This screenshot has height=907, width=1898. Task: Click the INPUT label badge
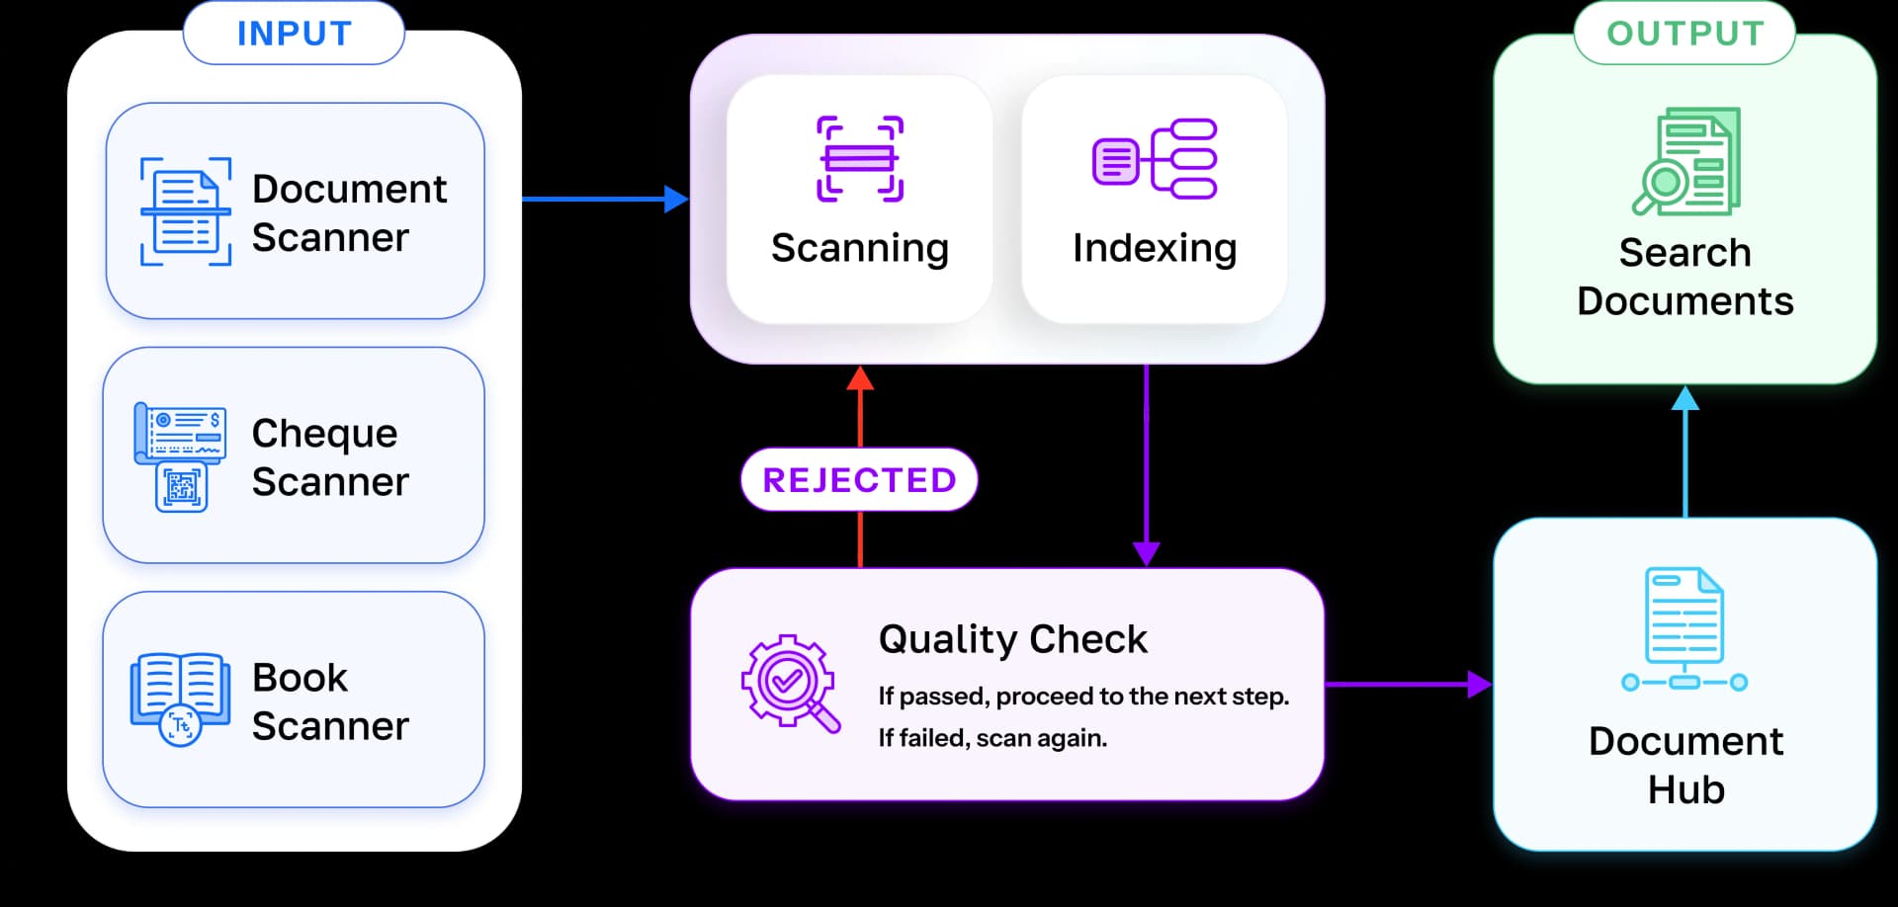pyautogui.click(x=294, y=34)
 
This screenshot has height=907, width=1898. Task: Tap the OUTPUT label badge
pyautogui.click(x=1684, y=34)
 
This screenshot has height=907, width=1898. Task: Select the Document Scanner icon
pyautogui.click(x=185, y=211)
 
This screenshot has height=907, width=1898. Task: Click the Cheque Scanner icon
pyautogui.click(x=180, y=456)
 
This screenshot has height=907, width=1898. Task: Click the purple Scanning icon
pyautogui.click(x=859, y=159)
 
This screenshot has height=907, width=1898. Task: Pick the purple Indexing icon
pyautogui.click(x=1154, y=159)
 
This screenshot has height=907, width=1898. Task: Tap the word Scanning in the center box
pyautogui.click(x=859, y=248)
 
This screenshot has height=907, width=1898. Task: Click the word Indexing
pyautogui.click(x=1154, y=248)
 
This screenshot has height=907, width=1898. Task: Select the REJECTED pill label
pyautogui.click(x=859, y=480)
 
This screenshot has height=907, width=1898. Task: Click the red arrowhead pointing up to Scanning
pyautogui.click(x=860, y=379)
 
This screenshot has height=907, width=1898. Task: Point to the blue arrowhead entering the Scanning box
pyautogui.click(x=676, y=200)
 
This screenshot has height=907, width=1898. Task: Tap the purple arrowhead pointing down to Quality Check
pyautogui.click(x=1146, y=553)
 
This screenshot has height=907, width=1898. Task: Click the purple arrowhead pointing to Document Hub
pyautogui.click(x=1479, y=684)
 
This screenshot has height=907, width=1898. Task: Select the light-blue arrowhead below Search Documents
pyautogui.click(x=1684, y=399)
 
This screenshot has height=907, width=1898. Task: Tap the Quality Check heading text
pyautogui.click(x=1012, y=639)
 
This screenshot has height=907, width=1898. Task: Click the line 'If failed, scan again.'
pyautogui.click(x=992, y=738)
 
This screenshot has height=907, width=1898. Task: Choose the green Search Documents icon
pyautogui.click(x=1685, y=161)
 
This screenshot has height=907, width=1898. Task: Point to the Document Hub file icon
pyautogui.click(x=1684, y=628)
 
